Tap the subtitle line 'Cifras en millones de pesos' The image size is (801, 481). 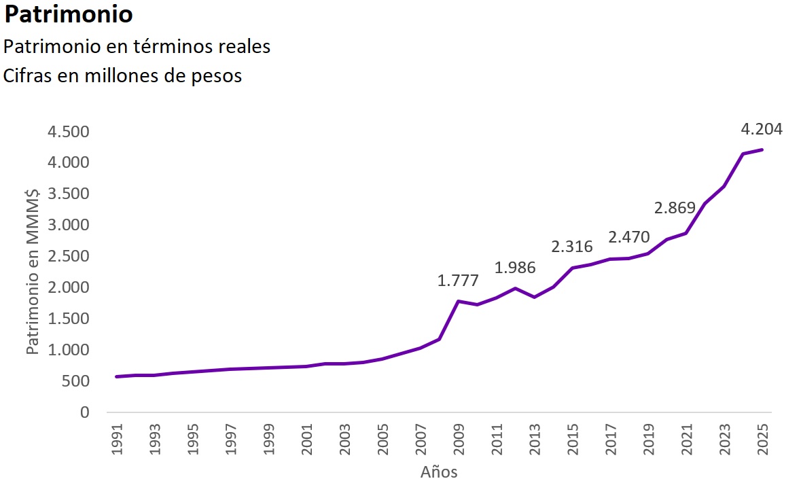click(123, 76)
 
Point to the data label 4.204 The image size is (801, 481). click(762, 129)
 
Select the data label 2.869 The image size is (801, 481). click(675, 208)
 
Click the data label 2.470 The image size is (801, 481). click(629, 238)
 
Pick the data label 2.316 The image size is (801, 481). click(572, 247)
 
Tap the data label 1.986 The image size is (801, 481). click(515, 268)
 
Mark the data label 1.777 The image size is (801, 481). click(458, 281)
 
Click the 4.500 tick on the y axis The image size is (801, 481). click(68, 132)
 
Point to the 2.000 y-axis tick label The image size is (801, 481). click(68, 288)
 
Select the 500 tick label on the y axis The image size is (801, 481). click(76, 382)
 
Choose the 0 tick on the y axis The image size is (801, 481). click(84, 412)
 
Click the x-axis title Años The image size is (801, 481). click(439, 471)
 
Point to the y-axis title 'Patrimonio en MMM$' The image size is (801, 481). click(31, 272)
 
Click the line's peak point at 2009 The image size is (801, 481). click(459, 301)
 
